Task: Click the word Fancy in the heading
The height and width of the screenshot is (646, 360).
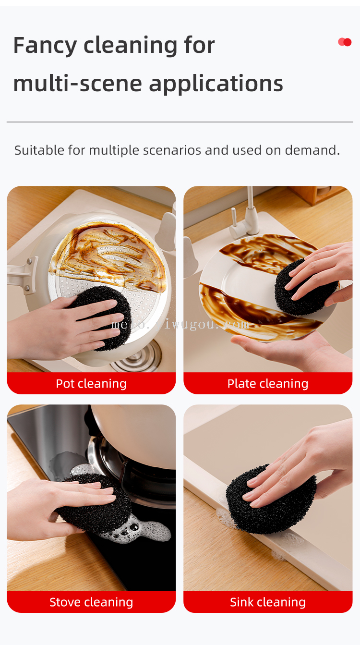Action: point(45,46)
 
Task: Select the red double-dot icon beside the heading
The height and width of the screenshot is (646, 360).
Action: point(345,42)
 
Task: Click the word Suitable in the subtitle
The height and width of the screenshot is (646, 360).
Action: point(39,150)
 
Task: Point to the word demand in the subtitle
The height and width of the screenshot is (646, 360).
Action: point(312,150)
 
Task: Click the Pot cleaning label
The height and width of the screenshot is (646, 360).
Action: point(91,384)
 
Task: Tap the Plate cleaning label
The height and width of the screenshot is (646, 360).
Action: point(268,384)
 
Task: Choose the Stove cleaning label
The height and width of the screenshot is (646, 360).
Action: point(91,602)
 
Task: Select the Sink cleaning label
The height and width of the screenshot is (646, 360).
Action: point(268,602)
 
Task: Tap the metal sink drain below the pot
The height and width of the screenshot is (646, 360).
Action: point(138,358)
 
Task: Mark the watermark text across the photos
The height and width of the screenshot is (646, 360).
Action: point(180,325)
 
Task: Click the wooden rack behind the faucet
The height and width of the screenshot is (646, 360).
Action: point(320,194)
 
